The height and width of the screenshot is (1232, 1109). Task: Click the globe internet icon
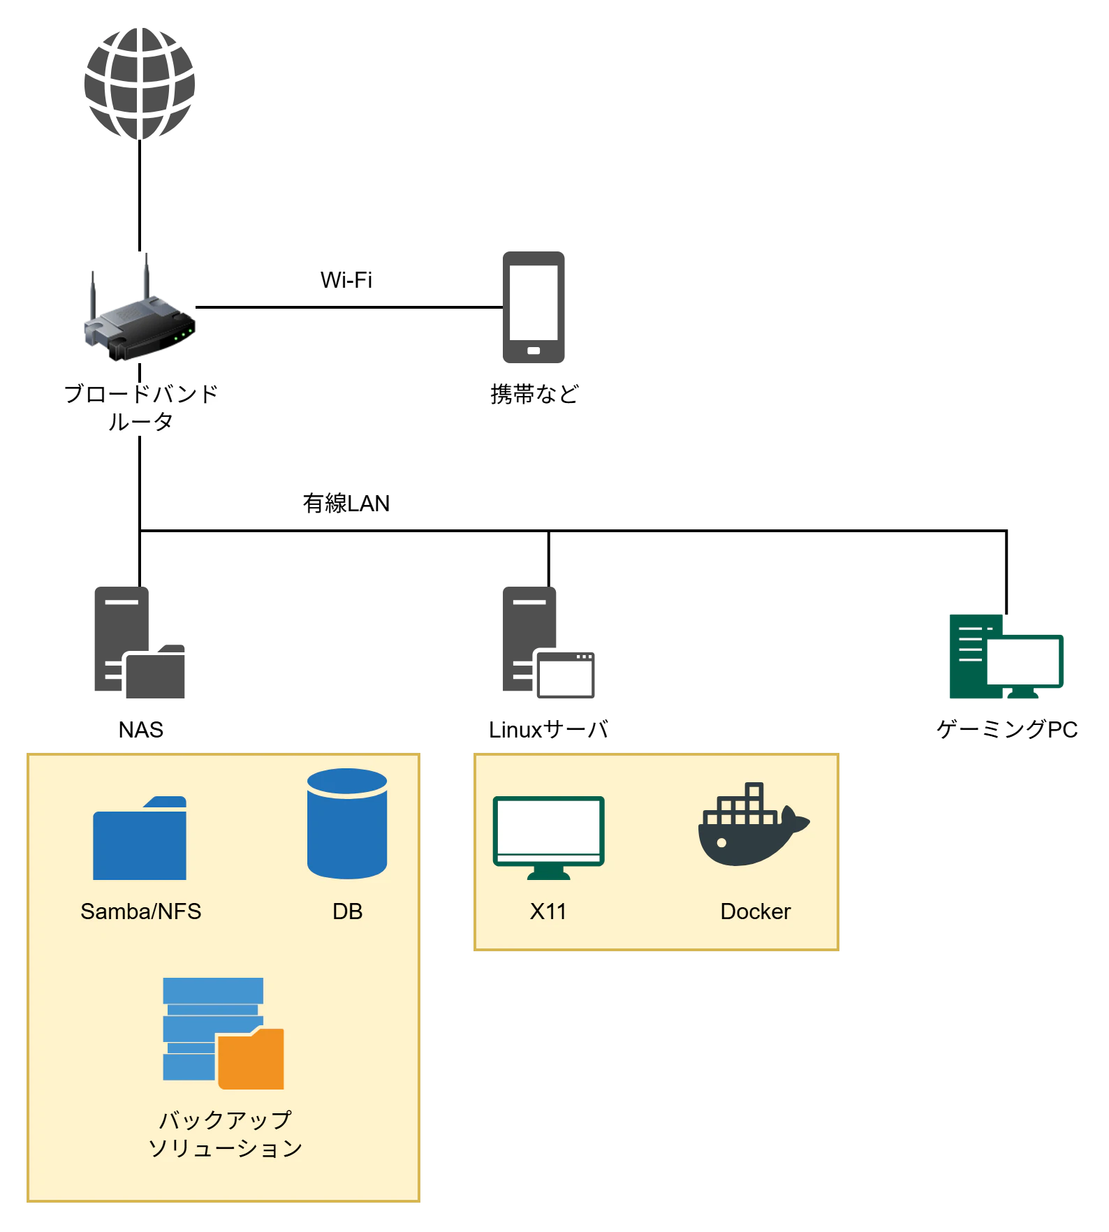point(140,84)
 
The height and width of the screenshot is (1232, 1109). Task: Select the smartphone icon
point(534,307)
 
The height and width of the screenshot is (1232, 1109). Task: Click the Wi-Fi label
point(346,280)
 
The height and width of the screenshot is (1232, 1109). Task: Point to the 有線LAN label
point(346,503)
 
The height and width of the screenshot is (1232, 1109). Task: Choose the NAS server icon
point(140,643)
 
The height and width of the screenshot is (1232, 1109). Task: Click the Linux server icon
point(548,643)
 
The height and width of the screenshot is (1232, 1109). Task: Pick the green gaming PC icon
point(1006,657)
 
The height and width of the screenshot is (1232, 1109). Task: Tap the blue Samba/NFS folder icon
point(140,838)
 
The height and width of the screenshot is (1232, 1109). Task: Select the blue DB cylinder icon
point(347,824)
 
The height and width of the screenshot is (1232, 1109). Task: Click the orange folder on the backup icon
point(251,1059)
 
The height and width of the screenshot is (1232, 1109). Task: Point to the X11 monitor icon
point(548,838)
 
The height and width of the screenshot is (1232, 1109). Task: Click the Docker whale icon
point(754,824)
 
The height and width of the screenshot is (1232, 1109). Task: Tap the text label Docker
point(756,911)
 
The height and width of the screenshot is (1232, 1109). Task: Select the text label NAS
point(141,730)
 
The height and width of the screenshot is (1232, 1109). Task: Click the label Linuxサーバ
point(548,730)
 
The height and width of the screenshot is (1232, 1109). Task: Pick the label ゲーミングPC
point(1007,730)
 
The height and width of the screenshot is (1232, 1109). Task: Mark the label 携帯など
point(535,395)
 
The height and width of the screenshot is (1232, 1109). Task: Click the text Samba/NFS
point(141,911)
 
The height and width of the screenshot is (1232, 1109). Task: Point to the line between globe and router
point(140,196)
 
